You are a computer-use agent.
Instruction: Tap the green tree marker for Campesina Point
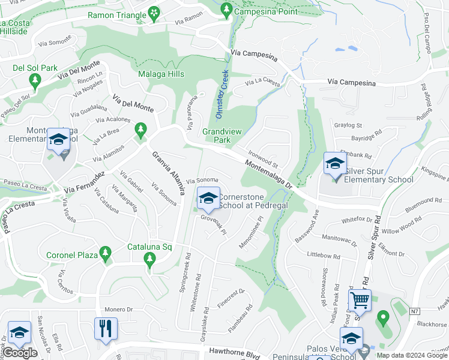226,10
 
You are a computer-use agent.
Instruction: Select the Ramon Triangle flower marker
154,13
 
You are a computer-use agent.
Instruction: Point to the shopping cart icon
360,300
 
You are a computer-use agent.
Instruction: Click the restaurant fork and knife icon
106,328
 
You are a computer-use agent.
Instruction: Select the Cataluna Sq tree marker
149,259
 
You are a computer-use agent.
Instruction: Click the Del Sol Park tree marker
35,80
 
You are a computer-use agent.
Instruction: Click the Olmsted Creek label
221,95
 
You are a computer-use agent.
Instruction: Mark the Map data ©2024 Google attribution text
411,355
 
